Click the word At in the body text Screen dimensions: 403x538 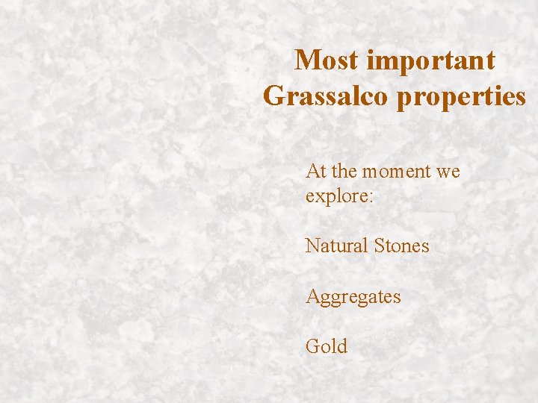point(315,172)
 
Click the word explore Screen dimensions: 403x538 point(330,196)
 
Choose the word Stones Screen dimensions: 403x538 point(402,246)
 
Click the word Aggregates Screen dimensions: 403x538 point(353,297)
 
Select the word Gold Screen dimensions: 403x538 point(327,346)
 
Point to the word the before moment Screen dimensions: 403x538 point(344,172)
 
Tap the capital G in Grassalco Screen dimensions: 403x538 point(273,96)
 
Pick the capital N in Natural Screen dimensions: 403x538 point(312,246)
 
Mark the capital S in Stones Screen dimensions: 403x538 point(380,246)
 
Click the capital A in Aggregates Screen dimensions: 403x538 point(312,296)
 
